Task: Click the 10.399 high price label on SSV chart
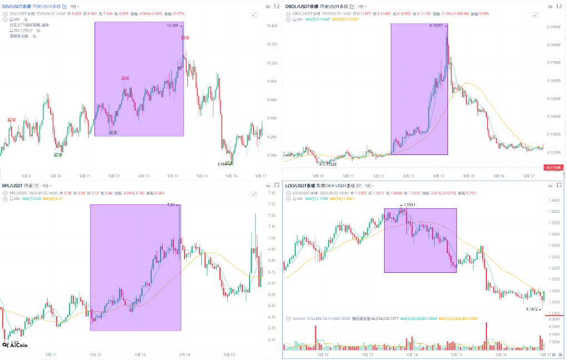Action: pyautogui.click(x=172, y=26)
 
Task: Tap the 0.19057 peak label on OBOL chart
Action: pyautogui.click(x=436, y=26)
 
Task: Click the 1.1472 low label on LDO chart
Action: pyautogui.click(x=533, y=308)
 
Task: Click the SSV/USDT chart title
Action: pyautogui.click(x=17, y=6)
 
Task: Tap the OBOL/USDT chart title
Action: pyautogui.click(x=301, y=6)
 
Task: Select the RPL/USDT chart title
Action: pyautogui.click(x=12, y=186)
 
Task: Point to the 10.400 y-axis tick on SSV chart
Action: pyautogui.click(x=272, y=27)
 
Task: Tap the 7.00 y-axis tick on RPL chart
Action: pyautogui.click(x=272, y=238)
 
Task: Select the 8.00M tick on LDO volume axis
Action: pyautogui.click(x=554, y=319)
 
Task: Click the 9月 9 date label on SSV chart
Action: pyautogui.click(x=26, y=176)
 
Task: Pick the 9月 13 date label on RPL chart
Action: pyautogui.click(x=140, y=354)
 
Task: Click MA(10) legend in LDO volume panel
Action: pyautogui.click(x=458, y=319)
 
